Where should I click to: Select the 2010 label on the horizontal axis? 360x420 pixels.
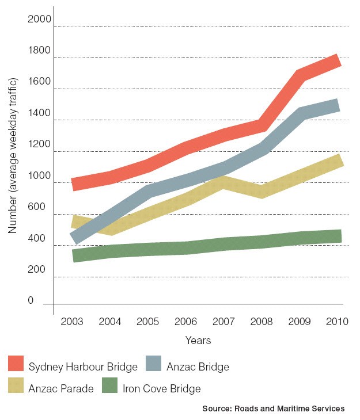tap(338, 322)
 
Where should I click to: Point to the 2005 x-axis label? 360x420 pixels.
tap(149, 322)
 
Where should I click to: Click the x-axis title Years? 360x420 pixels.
tap(198, 341)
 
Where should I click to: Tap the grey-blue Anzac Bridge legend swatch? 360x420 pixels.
tap(151, 364)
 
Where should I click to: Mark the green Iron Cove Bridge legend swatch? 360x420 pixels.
tap(109, 385)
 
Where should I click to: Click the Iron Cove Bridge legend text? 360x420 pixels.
tap(162, 388)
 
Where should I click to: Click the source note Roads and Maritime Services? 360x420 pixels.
tap(273, 408)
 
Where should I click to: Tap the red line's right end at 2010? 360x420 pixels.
tap(339, 60)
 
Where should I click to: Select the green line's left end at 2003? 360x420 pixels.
tap(73, 256)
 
